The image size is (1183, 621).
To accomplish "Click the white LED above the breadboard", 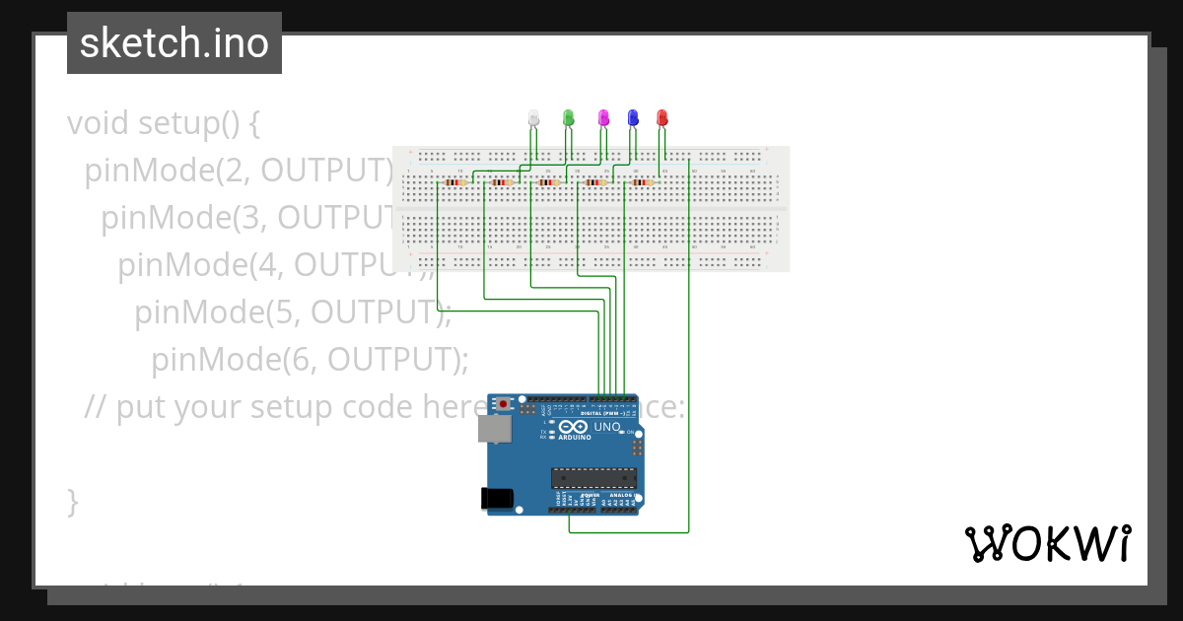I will (x=534, y=118).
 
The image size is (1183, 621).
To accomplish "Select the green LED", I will (x=568, y=118).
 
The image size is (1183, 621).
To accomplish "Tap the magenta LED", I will (x=604, y=118).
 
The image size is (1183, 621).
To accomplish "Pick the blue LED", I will (x=633, y=118).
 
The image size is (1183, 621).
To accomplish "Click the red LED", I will (x=661, y=118).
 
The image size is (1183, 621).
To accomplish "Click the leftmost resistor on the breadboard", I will (x=454, y=182).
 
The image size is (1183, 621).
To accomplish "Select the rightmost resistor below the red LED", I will (x=643, y=182).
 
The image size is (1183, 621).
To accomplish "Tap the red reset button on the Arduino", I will (x=504, y=404).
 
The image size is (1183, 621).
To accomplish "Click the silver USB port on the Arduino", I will (x=495, y=428).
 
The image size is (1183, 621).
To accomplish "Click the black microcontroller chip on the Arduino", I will (x=593, y=478).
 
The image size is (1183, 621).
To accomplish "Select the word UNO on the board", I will (x=606, y=428).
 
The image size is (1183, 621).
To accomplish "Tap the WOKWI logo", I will (x=1047, y=543).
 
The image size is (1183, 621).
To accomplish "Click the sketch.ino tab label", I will (x=174, y=43).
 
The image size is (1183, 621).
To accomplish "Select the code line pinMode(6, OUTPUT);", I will (x=310, y=360).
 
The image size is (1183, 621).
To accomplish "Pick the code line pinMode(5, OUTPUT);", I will (x=293, y=312).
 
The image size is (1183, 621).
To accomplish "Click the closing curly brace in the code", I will (x=72, y=501).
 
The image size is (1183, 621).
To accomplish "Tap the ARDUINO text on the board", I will (x=575, y=438).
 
